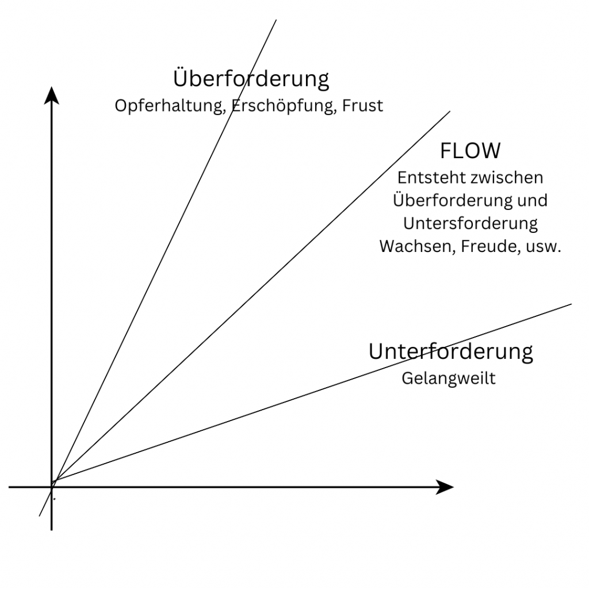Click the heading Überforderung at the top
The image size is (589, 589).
pos(251,79)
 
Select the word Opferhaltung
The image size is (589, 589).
pos(169,106)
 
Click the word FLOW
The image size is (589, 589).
pos(470,151)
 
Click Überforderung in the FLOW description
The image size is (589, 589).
pos(453,201)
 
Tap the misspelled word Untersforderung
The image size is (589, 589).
pos(470,223)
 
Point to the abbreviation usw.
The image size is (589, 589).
pos(543,246)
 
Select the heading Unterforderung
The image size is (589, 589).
pos(450,351)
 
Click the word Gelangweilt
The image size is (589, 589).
pos(448,379)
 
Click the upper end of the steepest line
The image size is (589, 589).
pos(276,20)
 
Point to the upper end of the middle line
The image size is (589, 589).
pos(449,112)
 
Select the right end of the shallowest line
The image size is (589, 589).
pos(571,304)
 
